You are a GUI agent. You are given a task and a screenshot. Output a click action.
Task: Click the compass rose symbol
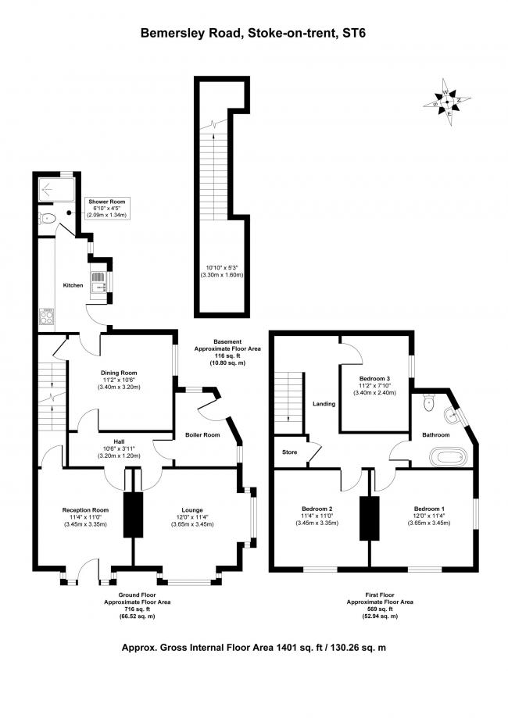pos(446,102)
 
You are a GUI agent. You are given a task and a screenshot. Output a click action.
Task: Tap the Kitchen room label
pos(73,285)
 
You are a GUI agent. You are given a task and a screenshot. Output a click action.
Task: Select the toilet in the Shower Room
pos(47,219)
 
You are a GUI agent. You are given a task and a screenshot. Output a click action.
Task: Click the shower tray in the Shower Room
pos(56,190)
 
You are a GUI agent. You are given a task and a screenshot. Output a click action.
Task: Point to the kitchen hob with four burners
pos(47,316)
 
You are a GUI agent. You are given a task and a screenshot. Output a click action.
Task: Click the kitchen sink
pos(98,282)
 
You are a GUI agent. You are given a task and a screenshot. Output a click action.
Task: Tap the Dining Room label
pos(119,373)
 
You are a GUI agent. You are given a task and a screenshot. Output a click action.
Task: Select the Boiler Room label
pos(202,434)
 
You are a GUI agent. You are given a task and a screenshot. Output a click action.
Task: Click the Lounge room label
pos(192,509)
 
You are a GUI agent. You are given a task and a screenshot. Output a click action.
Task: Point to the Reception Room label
pos(85,509)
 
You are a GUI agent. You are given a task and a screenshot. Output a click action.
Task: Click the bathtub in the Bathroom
pos(449,457)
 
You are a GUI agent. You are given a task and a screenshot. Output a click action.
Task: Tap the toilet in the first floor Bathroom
pos(429,402)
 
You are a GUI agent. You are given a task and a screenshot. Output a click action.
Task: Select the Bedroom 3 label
pos(374,379)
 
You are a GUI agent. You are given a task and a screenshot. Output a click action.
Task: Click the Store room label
pos(289,452)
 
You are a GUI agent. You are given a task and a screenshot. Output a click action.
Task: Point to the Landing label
pos(324,404)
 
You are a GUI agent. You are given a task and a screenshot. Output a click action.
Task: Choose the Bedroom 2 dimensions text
pos(317,519)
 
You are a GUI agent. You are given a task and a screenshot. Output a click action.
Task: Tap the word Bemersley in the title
pos(169,34)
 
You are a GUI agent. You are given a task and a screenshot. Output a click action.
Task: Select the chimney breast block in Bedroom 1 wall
pos(369,518)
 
